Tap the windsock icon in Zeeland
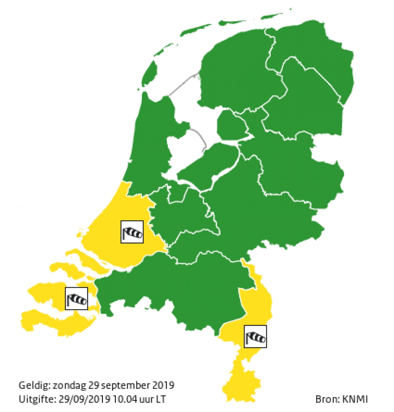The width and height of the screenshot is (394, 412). [76, 298]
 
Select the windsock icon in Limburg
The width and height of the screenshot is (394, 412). [255, 336]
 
